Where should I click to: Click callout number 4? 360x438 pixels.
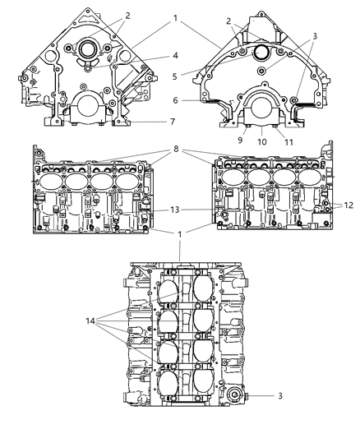[x=175, y=56]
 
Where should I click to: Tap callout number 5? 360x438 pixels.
[x=175, y=76]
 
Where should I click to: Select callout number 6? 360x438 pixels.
[x=175, y=100]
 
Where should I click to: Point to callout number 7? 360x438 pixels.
[x=173, y=122]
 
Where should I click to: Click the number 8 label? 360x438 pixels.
[x=176, y=149]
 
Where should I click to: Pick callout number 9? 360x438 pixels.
[x=240, y=140]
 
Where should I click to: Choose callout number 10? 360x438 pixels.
[x=262, y=142]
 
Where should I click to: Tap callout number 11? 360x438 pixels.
[x=288, y=142]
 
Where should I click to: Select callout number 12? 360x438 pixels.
[x=348, y=205]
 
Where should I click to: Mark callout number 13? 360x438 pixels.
[x=175, y=210]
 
